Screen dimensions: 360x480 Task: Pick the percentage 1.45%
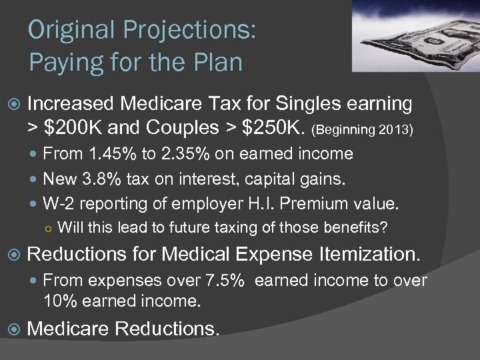click(110, 154)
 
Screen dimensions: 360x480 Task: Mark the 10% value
click(58, 301)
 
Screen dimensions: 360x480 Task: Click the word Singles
click(311, 103)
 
